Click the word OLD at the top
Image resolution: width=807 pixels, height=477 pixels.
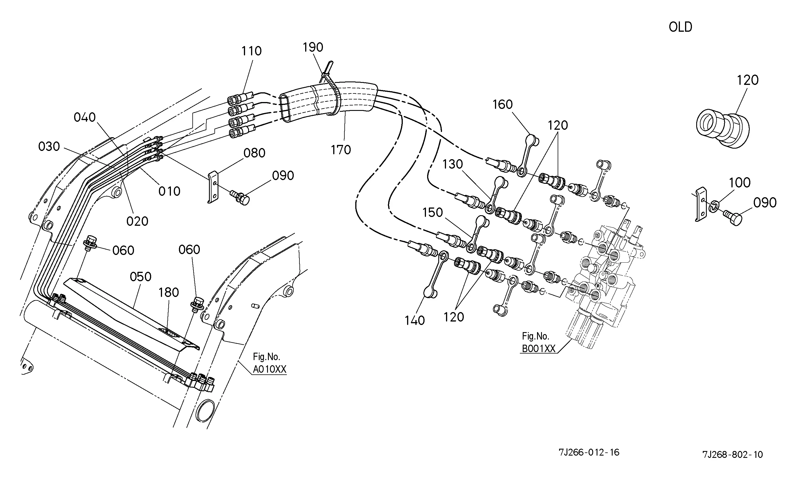pos(680,27)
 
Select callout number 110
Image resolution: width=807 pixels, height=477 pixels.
pos(251,51)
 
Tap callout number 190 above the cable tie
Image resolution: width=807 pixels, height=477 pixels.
pos(313,47)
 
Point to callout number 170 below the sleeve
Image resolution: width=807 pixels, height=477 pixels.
pos(341,149)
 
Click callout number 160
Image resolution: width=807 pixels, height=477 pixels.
pos(502,105)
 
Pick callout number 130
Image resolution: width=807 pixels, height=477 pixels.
pos(453,164)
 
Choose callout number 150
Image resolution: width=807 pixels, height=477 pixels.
pos(432,212)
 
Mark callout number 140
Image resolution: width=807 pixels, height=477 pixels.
pos(415,320)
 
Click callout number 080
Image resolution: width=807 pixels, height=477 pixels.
pos(254,153)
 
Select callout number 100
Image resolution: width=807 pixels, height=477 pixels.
pos(740,183)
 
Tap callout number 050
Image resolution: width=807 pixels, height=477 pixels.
pos(140,277)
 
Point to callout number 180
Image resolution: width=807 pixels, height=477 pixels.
pos(168,292)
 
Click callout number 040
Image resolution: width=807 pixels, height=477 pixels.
pos(85,117)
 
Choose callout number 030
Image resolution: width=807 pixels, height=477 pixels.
pos(49,147)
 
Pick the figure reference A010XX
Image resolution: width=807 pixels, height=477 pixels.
pos(269,369)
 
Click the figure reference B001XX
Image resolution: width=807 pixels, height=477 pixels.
pos(538,349)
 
